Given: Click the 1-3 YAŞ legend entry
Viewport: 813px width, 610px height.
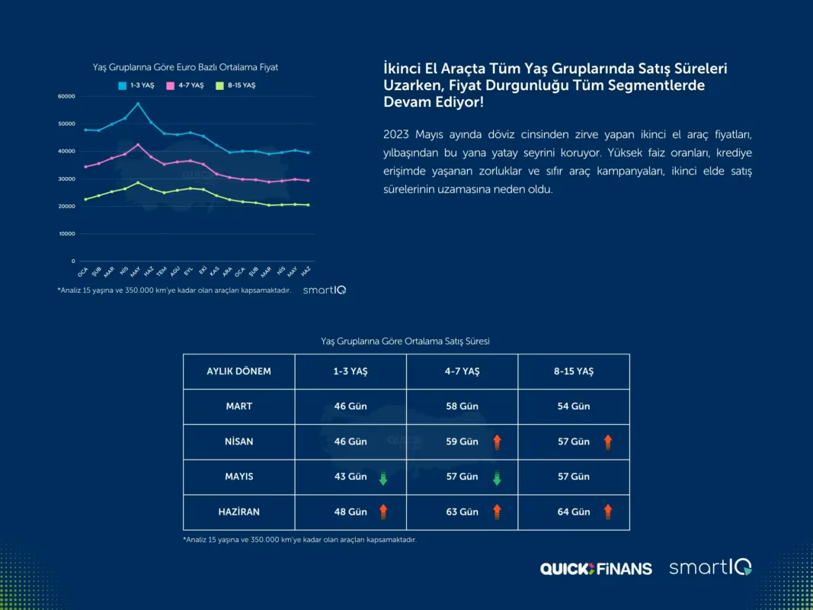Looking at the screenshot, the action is (x=136, y=85).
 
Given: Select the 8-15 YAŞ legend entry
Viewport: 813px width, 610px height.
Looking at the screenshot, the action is (x=235, y=85).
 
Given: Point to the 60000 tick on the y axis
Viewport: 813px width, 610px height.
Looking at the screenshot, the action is (x=66, y=97).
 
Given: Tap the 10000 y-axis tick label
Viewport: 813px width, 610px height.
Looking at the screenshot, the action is (x=66, y=234).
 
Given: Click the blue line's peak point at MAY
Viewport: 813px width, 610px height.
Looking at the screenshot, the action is (x=137, y=104).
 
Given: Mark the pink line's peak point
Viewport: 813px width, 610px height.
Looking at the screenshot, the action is (x=137, y=145).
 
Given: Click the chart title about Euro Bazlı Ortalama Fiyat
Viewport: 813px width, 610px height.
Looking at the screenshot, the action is (x=186, y=68).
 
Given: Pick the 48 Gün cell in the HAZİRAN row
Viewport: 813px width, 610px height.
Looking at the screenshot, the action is (x=350, y=512).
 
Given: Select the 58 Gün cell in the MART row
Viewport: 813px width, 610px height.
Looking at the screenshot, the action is (x=462, y=406).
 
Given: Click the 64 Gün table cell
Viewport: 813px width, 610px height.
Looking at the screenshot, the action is (x=574, y=512).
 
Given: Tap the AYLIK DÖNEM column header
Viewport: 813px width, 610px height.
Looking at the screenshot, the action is (x=239, y=371).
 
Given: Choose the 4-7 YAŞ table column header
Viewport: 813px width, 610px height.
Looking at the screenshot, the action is (x=462, y=371).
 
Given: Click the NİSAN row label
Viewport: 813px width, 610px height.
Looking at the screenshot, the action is (x=239, y=441).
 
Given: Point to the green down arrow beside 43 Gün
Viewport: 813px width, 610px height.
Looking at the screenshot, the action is (x=383, y=477).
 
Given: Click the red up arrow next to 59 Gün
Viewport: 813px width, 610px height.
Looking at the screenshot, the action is (x=497, y=442).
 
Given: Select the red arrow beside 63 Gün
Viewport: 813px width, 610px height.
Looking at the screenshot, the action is (x=497, y=512).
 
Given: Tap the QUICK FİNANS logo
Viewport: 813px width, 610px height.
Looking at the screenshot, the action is (x=596, y=569).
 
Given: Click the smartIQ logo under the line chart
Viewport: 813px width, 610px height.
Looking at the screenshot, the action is (x=325, y=291).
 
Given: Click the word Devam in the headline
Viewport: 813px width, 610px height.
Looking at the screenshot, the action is (x=407, y=102).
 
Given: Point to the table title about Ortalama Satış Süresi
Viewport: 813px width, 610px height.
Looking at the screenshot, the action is (x=405, y=342).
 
